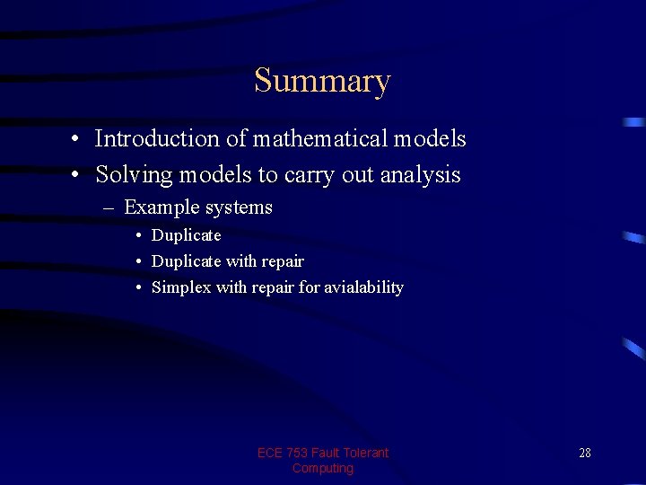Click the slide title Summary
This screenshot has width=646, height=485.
pyautogui.click(x=322, y=81)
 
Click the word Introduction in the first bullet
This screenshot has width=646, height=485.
pyautogui.click(x=157, y=139)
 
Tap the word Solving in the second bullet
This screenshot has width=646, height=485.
pyautogui.click(x=134, y=174)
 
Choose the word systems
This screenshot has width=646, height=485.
pyautogui.click(x=238, y=208)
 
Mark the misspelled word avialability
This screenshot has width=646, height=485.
pyautogui.click(x=361, y=287)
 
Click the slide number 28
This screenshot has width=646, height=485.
pyautogui.click(x=584, y=453)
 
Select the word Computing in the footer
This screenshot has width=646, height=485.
pyautogui.click(x=323, y=468)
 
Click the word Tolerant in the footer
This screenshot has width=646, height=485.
pyautogui.click(x=364, y=453)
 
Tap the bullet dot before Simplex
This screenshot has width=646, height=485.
pyautogui.click(x=140, y=288)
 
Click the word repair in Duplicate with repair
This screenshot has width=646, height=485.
pyautogui.click(x=283, y=261)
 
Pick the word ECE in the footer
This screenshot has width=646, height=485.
pyautogui.click(x=270, y=453)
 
